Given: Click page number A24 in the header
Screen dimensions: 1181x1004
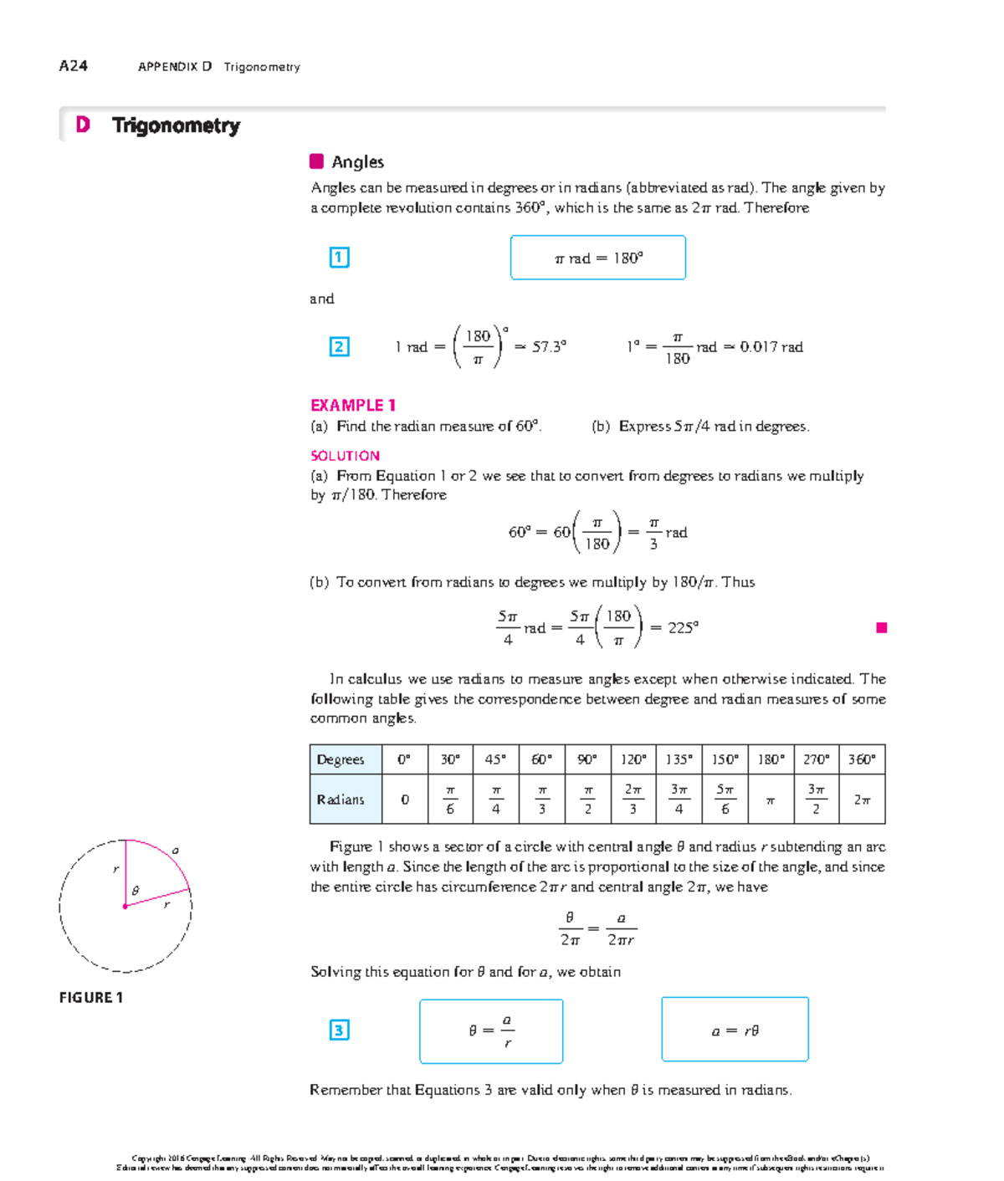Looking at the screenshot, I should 73,66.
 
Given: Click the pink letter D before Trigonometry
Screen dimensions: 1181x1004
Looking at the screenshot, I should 82,125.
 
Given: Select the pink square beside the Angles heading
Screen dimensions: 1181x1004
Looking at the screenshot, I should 316,161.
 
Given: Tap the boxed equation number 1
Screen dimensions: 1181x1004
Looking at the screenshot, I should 339,258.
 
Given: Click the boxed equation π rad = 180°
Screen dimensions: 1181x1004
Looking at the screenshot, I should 597,258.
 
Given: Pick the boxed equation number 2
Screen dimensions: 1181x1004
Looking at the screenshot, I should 339,346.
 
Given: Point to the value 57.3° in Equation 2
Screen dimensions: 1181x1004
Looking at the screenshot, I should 549,346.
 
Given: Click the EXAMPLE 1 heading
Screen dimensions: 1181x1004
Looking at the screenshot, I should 352,405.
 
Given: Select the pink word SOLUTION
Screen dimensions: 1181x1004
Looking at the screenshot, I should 345,456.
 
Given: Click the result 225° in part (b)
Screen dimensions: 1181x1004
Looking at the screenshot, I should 683,627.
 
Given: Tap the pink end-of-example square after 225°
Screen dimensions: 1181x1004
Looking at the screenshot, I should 881,627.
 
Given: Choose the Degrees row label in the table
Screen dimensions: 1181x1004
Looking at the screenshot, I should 341,759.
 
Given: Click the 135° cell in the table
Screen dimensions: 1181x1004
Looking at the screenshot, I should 679,759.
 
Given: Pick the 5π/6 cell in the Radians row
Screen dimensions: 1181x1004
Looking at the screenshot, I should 725,799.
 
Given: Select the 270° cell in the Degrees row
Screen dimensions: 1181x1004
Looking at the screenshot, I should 816,759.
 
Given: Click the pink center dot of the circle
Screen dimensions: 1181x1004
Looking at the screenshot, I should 125,906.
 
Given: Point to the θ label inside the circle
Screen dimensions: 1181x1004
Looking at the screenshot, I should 136,891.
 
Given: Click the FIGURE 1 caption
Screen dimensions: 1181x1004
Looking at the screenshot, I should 91,997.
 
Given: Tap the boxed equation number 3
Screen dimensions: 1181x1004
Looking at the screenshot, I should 339,1030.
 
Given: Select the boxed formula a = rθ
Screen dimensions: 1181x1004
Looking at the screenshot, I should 735,1030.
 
